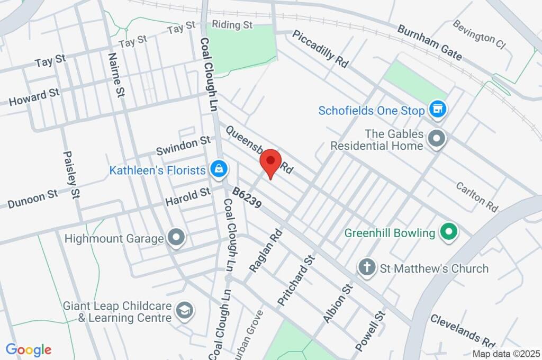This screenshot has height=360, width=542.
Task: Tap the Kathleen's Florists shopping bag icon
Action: coord(218,170)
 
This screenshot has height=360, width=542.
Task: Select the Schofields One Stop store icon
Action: coord(437,110)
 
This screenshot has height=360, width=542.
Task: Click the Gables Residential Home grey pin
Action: coord(437,139)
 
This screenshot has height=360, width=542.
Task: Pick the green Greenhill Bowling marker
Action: coord(449,232)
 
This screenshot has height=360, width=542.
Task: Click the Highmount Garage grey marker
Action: coord(176,239)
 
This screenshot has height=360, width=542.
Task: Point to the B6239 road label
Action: coord(247,197)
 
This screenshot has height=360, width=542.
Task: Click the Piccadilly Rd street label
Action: coord(320,48)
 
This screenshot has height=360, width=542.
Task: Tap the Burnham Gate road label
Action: coord(430,42)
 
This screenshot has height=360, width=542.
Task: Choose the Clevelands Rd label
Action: coord(463,330)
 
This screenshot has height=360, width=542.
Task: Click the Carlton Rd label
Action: coord(477,196)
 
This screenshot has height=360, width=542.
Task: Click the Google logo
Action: coord(29,350)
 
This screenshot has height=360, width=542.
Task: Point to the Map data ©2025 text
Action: coord(505,354)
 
